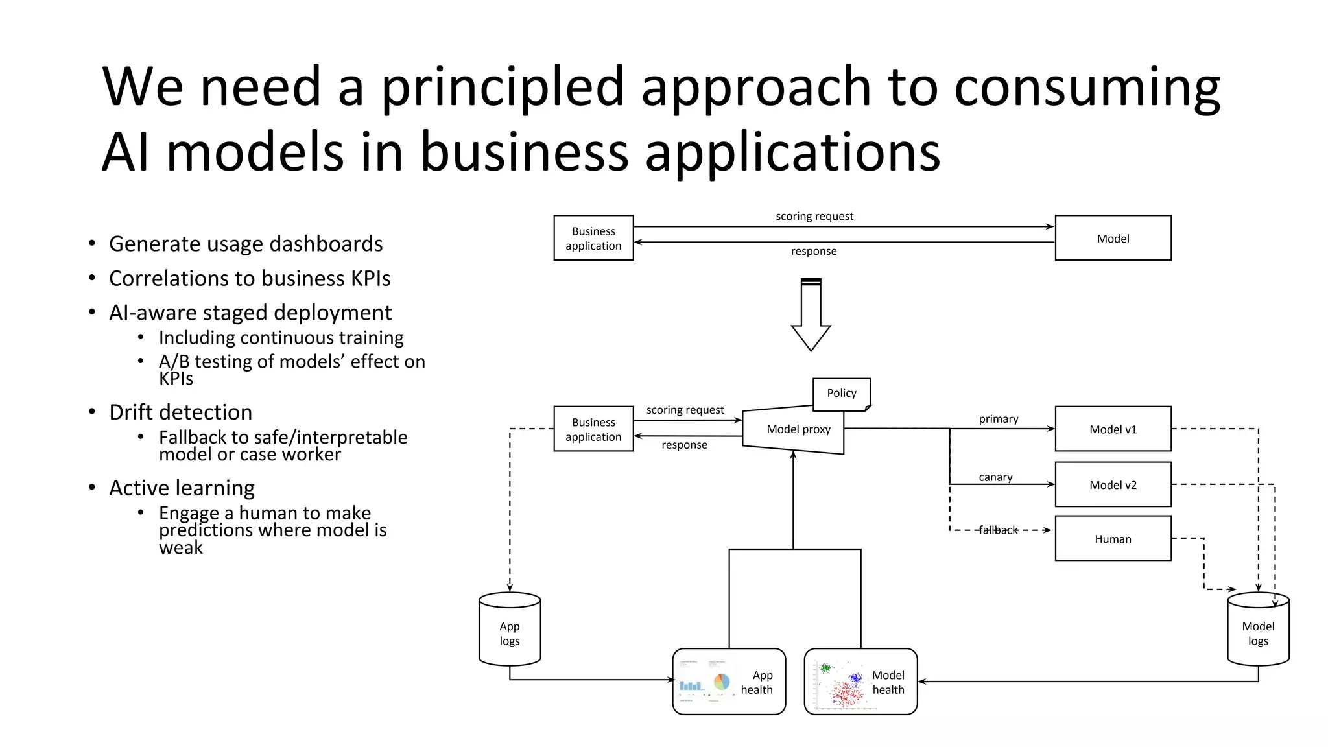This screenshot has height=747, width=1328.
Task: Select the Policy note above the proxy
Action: [x=841, y=394]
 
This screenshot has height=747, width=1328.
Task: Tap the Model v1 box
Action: [x=1113, y=429]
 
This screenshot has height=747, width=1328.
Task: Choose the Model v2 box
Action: [x=1113, y=485]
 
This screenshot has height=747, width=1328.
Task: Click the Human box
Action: [x=1113, y=539]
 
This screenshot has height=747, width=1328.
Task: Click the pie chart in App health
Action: [x=722, y=682]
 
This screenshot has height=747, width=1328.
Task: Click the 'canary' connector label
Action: [x=995, y=477]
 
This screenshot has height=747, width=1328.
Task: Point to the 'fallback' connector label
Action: [x=998, y=530]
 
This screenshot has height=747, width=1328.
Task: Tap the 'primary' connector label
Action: [x=999, y=420]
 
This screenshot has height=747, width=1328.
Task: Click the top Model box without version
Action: [x=1113, y=239]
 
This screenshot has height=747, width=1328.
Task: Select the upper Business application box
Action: [x=593, y=239]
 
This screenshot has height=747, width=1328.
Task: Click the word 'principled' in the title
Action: [x=503, y=88]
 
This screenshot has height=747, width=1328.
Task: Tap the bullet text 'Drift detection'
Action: [x=181, y=412]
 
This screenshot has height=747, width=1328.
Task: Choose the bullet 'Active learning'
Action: [x=182, y=488]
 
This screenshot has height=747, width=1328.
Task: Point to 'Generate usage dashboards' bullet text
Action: [x=246, y=244]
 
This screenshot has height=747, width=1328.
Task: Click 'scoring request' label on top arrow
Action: [x=814, y=217]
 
